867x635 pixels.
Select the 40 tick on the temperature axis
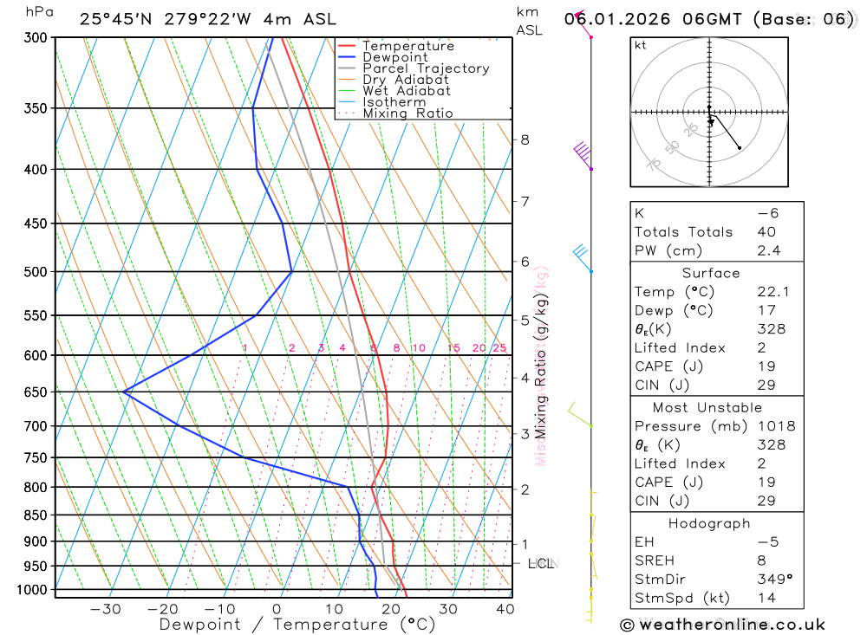coord(505,609)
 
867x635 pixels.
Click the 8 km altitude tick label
coord(525,139)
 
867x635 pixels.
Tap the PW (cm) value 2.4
coord(768,251)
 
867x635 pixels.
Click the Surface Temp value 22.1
coord(772,292)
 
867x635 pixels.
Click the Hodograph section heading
coord(709,524)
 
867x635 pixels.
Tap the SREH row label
coord(653,560)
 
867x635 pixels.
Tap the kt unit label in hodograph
coord(641,45)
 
